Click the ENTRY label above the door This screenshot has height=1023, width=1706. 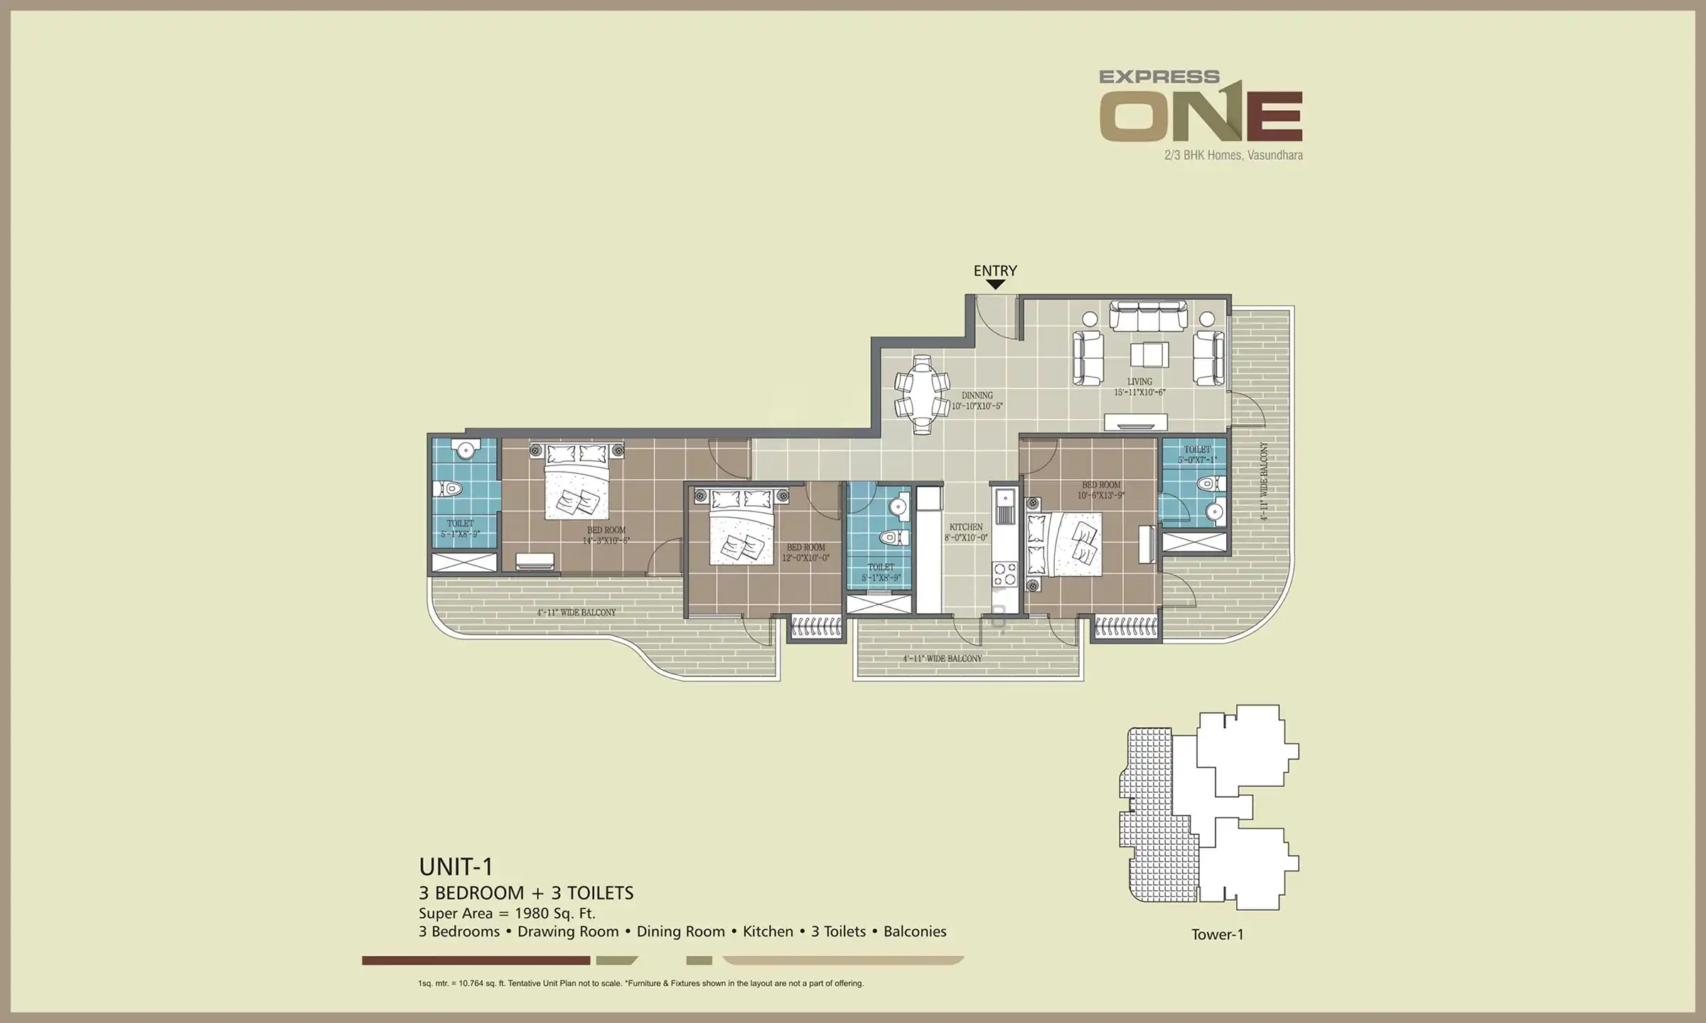coord(995,271)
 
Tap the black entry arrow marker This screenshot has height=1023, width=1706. coord(996,284)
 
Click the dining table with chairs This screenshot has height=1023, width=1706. coord(922,394)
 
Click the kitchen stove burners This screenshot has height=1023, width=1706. coord(1005,572)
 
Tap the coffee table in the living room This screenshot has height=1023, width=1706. coord(1149,354)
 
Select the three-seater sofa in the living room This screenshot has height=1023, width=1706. coord(1148,316)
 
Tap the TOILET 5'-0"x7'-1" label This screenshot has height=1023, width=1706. coord(1197,455)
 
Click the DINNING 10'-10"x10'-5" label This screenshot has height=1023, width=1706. coord(977,401)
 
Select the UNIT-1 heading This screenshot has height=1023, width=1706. coord(456,867)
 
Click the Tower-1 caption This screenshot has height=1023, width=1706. coord(1218,935)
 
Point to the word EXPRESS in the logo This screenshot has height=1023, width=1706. coord(1159,77)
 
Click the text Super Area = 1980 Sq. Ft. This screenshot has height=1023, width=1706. coord(507,914)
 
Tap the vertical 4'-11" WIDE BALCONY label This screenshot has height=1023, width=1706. coord(1264,481)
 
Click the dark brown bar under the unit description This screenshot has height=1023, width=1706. coord(476,960)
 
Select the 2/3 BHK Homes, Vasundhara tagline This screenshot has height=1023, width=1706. coord(1233,155)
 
